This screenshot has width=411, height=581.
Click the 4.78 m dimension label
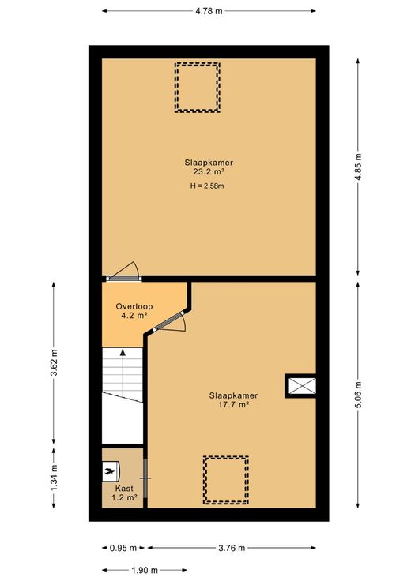tap(209, 11)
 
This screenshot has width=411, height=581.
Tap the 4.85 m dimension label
tap(358, 167)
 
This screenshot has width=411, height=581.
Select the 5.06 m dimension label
tap(358, 395)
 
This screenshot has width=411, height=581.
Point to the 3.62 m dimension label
tap(54, 362)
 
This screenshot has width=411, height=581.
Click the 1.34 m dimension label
tap(54, 478)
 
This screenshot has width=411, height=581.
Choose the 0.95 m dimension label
tap(123, 548)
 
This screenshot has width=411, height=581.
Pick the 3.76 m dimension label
tap(232, 548)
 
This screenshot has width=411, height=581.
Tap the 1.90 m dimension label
tap(145, 570)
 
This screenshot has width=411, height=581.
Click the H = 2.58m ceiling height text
tap(207, 186)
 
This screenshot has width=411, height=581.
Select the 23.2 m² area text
tap(209, 171)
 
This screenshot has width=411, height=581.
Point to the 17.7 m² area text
tap(233, 405)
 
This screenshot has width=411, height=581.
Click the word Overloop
tap(134, 306)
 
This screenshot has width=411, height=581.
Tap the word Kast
tap(124, 489)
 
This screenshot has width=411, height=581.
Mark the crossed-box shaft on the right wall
tap(300, 386)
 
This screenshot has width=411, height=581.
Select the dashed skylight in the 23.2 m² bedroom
tap(198, 88)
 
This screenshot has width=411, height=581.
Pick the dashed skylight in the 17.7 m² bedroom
tap(226, 480)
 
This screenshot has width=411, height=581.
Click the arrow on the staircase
tap(123, 373)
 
